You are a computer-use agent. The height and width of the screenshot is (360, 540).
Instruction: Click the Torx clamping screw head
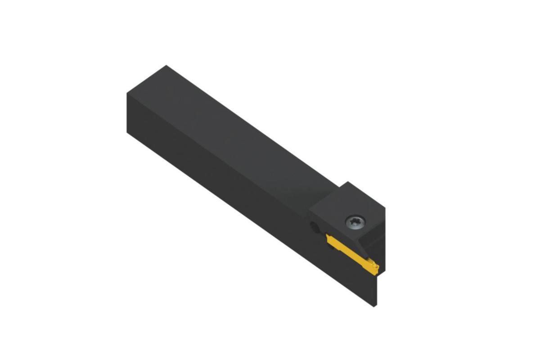[352, 221]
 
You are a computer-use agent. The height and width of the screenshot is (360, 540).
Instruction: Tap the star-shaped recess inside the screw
[352, 220]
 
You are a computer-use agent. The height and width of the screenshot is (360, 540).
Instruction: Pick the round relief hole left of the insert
[315, 228]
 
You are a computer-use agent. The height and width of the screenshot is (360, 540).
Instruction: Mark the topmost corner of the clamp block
[347, 182]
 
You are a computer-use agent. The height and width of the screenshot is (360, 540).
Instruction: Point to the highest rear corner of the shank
[166, 66]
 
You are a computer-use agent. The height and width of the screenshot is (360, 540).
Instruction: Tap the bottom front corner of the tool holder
[375, 306]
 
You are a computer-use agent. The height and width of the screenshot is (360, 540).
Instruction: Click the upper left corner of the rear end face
[127, 93]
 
